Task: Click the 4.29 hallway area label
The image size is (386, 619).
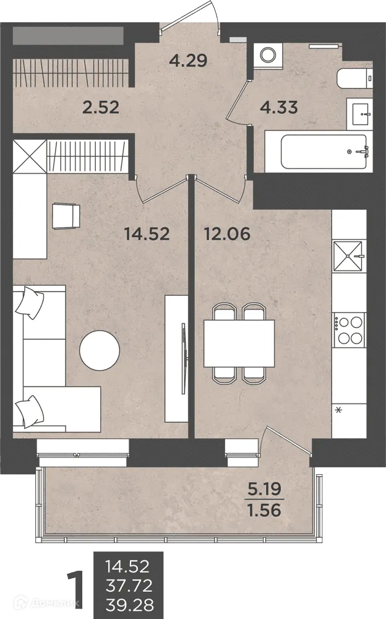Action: tap(188, 61)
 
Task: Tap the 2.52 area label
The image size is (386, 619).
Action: tap(101, 107)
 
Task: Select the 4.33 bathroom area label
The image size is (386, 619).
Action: tap(279, 107)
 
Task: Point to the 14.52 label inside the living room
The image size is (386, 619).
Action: tap(147, 234)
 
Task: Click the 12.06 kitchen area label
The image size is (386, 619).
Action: tap(227, 234)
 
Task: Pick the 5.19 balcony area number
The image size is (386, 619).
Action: tap(264, 490)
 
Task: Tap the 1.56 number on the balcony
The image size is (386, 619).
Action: tap(264, 511)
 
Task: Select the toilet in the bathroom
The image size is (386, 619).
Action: tap(355, 79)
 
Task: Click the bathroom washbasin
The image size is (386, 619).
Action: tap(359, 114)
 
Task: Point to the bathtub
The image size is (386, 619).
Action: tap(324, 152)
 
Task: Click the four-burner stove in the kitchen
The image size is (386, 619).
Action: tap(349, 330)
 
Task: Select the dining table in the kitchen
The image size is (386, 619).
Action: tap(239, 344)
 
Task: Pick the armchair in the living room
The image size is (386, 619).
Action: tap(66, 215)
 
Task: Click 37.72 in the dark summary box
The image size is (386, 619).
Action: tap(129, 586)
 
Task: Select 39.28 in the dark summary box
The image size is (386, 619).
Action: tap(129, 605)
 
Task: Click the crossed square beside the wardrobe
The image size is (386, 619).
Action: tap(30, 157)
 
